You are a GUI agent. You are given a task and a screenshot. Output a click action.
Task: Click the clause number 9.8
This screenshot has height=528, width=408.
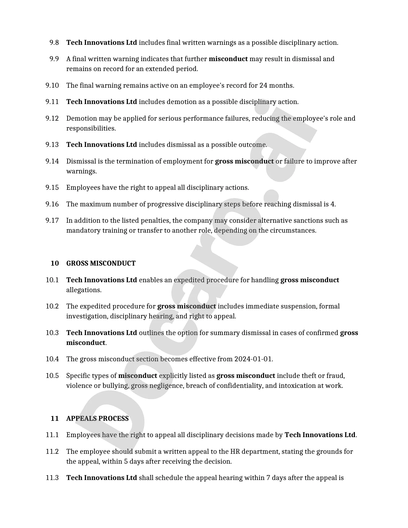[54, 43]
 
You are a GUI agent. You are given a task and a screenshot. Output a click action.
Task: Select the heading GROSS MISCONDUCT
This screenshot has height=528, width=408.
[101, 263]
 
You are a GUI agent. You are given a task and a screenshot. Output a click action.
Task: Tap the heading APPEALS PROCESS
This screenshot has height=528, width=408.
[97, 419]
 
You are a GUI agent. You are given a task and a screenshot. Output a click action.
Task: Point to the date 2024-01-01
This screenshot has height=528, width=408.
[253, 359]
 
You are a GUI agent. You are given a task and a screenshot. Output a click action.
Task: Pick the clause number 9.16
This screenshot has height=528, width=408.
[52, 204]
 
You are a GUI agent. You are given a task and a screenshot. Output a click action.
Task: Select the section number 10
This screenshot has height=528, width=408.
[55, 263]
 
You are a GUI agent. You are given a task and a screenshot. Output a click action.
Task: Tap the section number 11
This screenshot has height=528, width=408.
[55, 419]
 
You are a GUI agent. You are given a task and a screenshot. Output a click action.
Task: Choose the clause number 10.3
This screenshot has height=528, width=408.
[52, 333]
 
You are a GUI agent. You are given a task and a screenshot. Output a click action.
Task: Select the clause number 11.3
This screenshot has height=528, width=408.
[52, 478]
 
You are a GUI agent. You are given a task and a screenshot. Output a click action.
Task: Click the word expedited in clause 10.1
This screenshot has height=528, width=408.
[189, 280]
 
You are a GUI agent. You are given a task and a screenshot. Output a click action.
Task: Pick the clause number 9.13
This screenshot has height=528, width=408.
[52, 145]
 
